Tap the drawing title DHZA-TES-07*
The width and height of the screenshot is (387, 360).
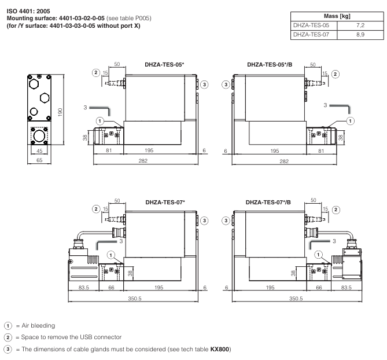click(x=164, y=203)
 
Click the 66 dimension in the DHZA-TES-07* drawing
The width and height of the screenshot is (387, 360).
click(x=111, y=288)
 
